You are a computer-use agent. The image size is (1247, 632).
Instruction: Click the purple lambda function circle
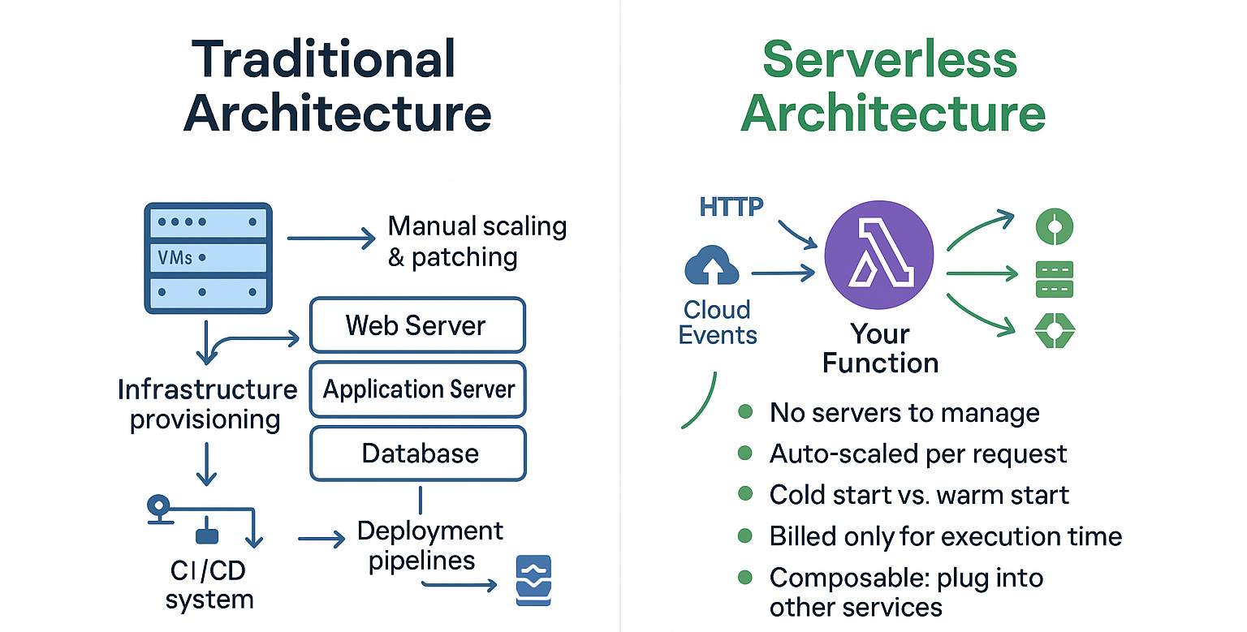point(879,255)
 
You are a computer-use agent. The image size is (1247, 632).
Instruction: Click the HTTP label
point(731,207)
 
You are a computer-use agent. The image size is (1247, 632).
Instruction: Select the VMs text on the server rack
point(175,257)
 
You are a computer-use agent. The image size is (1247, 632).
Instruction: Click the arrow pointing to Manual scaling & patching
point(331,239)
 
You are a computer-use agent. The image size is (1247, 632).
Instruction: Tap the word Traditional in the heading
point(323,59)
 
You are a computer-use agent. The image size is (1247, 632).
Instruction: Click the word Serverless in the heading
point(890,59)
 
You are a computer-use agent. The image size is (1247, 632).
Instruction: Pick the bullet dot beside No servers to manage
point(744,411)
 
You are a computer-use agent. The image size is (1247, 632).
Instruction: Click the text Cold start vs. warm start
point(919,495)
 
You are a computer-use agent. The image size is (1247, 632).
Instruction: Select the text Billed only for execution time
point(945,536)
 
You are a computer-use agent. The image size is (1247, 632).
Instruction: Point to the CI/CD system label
point(209,585)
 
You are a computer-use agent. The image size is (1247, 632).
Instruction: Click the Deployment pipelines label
point(429,545)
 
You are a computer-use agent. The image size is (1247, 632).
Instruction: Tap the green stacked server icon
point(1055,279)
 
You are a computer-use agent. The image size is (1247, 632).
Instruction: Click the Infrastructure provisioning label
point(207,405)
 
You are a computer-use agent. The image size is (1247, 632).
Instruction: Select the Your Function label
point(880,348)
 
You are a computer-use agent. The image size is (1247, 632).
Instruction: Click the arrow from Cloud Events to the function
point(783,273)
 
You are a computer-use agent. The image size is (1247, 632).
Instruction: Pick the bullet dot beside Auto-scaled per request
point(744,453)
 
